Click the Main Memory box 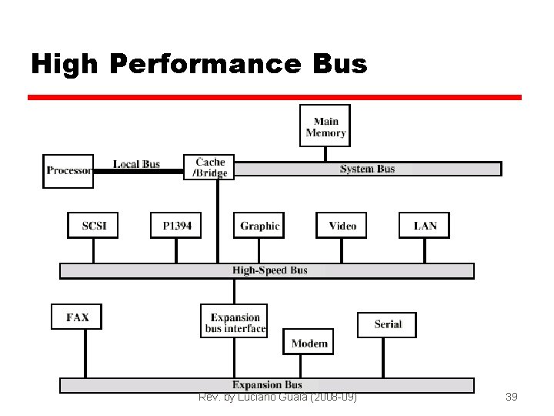point(325,126)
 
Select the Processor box point(68,171)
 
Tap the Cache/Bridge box point(209,167)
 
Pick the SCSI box point(93,226)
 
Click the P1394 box point(176,226)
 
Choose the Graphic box point(259,226)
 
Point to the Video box point(342,226)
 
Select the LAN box point(425,226)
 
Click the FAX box point(77,317)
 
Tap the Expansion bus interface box point(234,322)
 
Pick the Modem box point(309,343)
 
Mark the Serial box point(387,324)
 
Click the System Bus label point(367,169)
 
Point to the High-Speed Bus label point(270,270)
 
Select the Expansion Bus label point(267,384)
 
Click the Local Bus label point(136,164)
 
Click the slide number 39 point(511,397)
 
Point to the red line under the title point(275,98)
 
